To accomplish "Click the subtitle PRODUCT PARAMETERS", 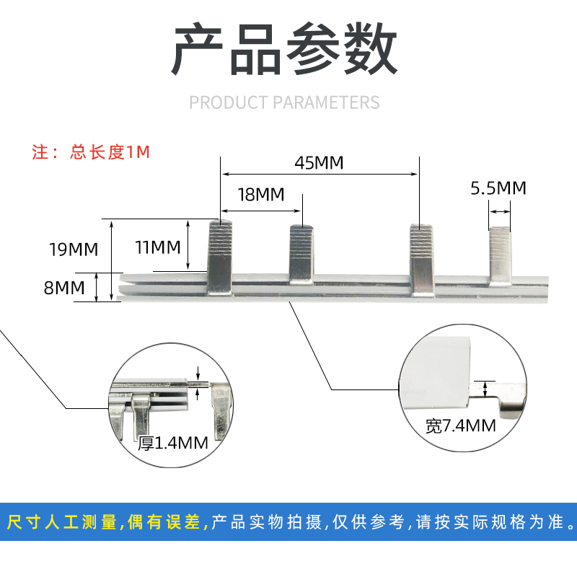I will (284, 102).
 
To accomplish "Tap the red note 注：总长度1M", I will (91, 153).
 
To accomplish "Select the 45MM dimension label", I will (319, 162).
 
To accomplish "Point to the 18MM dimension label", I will (260, 195).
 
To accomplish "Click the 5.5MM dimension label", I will (498, 188).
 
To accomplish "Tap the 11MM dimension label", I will (158, 247).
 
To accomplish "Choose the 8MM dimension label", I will (60, 288).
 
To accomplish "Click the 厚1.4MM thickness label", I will (173, 442).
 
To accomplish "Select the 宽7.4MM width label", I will (460, 426).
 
